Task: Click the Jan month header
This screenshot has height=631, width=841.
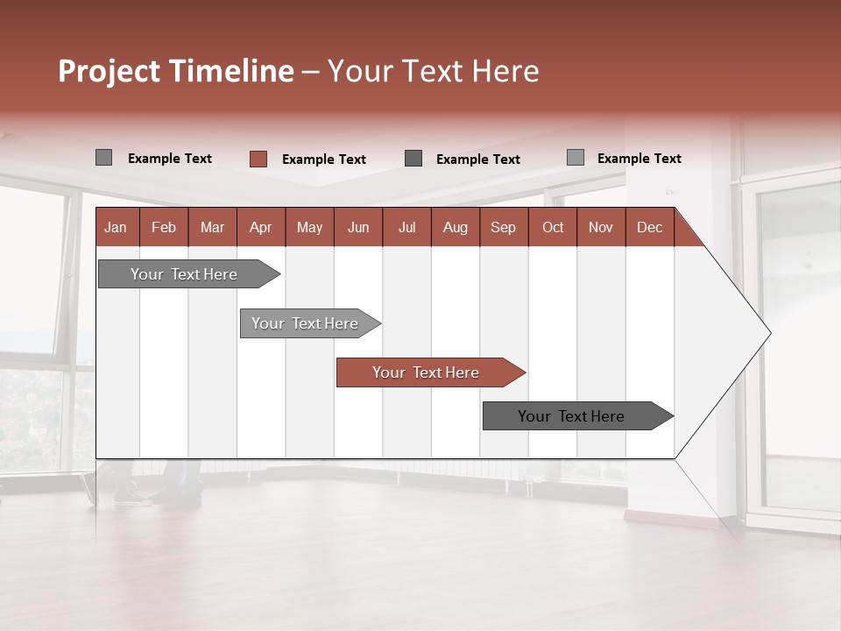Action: pos(116,228)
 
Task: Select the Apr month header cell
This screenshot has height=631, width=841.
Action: pos(261,228)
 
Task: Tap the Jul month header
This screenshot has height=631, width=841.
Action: pos(406,228)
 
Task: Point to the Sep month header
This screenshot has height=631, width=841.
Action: pos(503,228)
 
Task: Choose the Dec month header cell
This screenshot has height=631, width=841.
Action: pos(649,228)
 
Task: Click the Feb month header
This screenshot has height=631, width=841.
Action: pos(164,228)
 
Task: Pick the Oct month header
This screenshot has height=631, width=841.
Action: pos(553,228)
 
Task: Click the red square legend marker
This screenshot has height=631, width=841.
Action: pos(258,159)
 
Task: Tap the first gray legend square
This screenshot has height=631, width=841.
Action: pos(103,158)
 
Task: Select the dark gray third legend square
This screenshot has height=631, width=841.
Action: pos(413,159)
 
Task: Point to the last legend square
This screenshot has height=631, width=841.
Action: pos(575,158)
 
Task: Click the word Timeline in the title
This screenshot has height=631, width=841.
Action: pos(230,71)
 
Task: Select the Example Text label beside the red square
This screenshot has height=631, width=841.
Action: pos(323,160)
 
